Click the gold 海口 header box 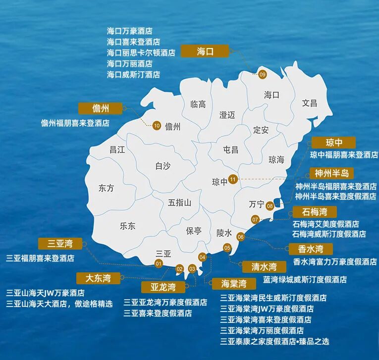tap(205, 51)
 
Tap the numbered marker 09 tap(263, 74)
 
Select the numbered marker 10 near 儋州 tap(157, 126)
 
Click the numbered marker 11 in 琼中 tap(233, 179)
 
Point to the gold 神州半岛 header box tap(331, 173)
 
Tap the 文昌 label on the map tap(310, 103)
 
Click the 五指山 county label tap(179, 203)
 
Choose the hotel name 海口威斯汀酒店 tap(133, 75)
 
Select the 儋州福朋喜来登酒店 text tap(75, 123)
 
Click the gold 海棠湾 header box tap(233, 284)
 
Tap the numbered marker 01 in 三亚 tap(159, 263)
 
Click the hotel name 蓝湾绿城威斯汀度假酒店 tap(305, 279)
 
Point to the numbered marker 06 tap(241, 237)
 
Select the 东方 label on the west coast tap(106, 188)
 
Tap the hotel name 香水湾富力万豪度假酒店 tap(334, 261)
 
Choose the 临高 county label tap(198, 104)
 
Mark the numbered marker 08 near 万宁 tap(270, 206)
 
